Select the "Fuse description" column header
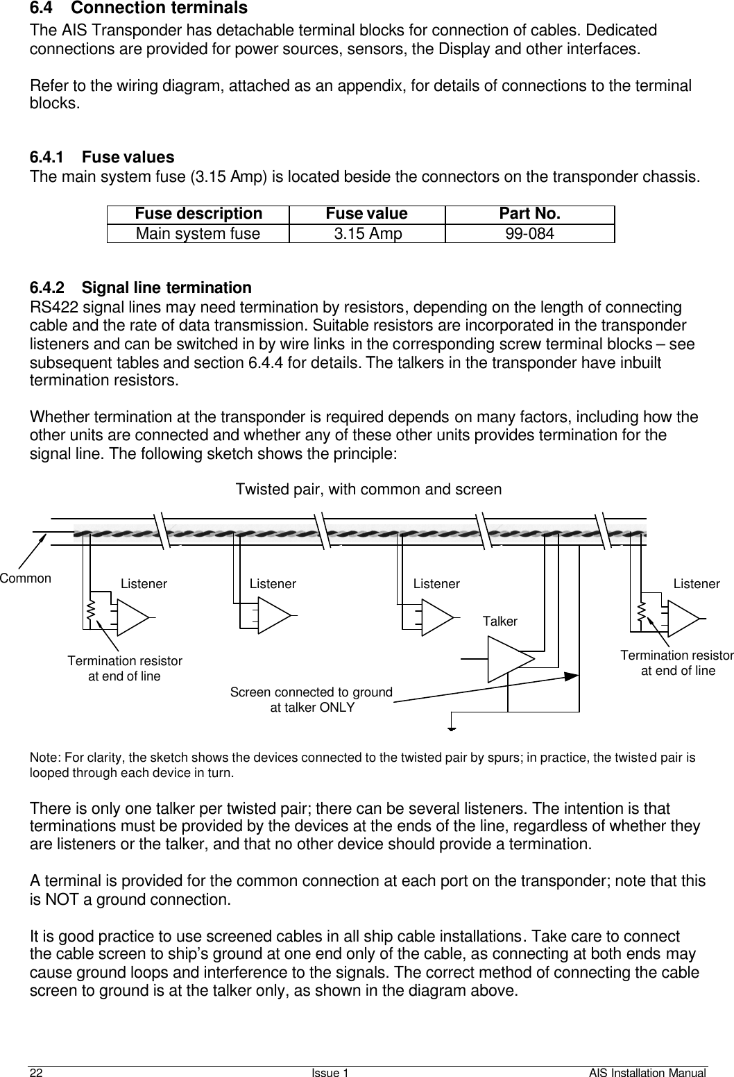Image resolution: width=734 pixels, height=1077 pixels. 198,214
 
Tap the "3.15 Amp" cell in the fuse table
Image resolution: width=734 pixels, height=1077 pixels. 367,233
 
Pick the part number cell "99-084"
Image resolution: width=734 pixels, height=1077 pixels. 529,233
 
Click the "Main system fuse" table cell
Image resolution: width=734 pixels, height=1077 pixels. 198,233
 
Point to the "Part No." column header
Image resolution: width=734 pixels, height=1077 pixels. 529,214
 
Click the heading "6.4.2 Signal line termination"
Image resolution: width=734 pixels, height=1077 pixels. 140,287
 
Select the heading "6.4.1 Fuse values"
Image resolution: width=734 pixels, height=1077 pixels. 101,157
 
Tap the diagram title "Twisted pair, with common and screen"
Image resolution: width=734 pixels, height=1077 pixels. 368,489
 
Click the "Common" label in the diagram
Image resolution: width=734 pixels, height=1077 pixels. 26,578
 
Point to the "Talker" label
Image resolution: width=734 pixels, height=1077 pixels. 500,621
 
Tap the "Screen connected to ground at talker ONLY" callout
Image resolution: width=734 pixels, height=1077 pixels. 311,700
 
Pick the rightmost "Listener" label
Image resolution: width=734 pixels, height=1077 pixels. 696,584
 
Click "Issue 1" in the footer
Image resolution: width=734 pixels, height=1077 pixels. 330,1072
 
